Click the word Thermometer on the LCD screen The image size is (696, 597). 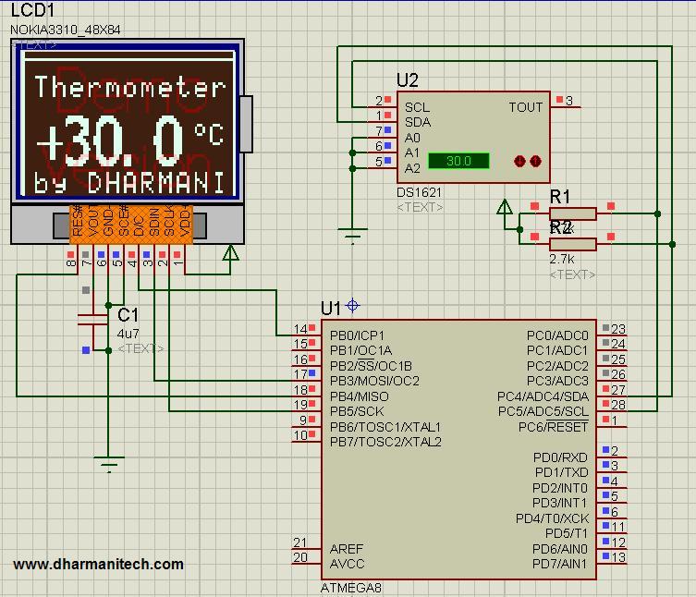[x=129, y=88]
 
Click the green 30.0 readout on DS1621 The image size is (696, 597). [x=458, y=161]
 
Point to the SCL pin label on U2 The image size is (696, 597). [x=417, y=107]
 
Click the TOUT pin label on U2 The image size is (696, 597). [x=525, y=107]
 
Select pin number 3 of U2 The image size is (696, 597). [x=569, y=101]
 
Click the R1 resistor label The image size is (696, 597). [x=560, y=196]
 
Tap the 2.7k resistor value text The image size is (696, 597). [x=562, y=261]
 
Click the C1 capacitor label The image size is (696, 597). [x=128, y=315]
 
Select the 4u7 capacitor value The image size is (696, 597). [x=128, y=333]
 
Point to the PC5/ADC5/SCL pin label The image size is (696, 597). [x=543, y=411]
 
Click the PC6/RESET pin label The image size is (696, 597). [x=554, y=427]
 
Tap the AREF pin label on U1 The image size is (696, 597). [x=347, y=549]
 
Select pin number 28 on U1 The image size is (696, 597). [x=617, y=405]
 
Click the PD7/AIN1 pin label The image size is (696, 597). [x=559, y=564]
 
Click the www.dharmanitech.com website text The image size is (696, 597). [x=98, y=564]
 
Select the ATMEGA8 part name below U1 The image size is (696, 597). [x=350, y=588]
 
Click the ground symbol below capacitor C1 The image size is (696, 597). [x=109, y=465]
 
